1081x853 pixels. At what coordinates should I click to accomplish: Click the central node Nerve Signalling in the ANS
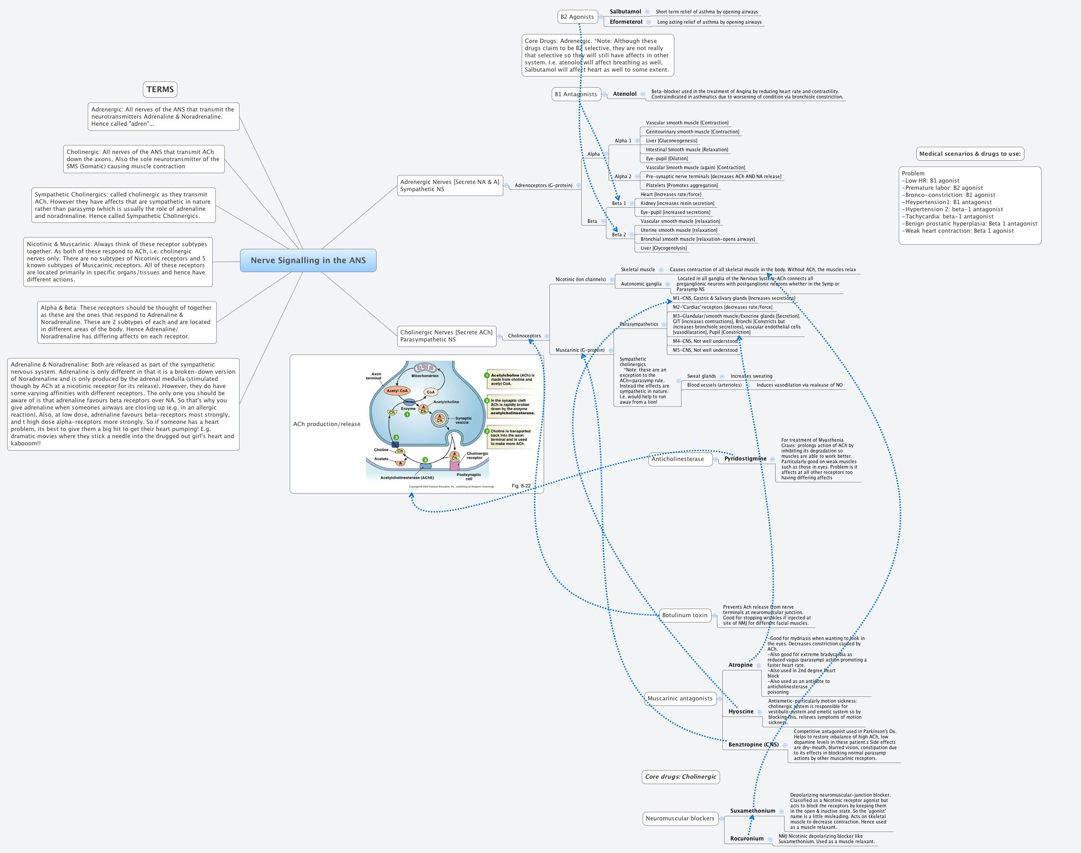(308, 260)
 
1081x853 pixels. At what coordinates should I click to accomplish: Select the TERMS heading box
(160, 90)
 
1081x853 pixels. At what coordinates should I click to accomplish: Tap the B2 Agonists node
(577, 17)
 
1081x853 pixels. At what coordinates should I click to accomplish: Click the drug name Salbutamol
(625, 12)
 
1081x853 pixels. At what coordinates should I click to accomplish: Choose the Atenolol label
(624, 94)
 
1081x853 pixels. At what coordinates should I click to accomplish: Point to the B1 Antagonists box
(576, 94)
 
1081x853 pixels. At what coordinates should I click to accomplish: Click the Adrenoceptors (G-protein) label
(543, 185)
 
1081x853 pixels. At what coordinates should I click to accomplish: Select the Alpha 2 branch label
(623, 176)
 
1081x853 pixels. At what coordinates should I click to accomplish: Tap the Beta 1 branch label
(619, 203)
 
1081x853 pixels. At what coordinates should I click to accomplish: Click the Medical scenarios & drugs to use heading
(969, 154)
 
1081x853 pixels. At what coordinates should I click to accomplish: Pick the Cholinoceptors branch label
(524, 336)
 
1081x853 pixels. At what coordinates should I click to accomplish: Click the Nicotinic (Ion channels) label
(580, 279)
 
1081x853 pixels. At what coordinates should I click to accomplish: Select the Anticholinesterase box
(677, 459)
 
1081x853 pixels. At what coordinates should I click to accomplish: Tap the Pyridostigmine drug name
(745, 458)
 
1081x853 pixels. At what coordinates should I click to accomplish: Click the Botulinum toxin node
(684, 615)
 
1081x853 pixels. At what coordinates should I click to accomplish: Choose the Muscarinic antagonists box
(680, 698)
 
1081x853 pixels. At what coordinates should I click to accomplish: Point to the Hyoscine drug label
(741, 711)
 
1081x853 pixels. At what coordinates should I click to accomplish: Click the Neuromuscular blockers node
(680, 818)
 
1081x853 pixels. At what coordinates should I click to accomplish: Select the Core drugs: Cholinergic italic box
(680, 776)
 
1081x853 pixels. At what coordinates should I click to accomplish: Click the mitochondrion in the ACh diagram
(425, 368)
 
